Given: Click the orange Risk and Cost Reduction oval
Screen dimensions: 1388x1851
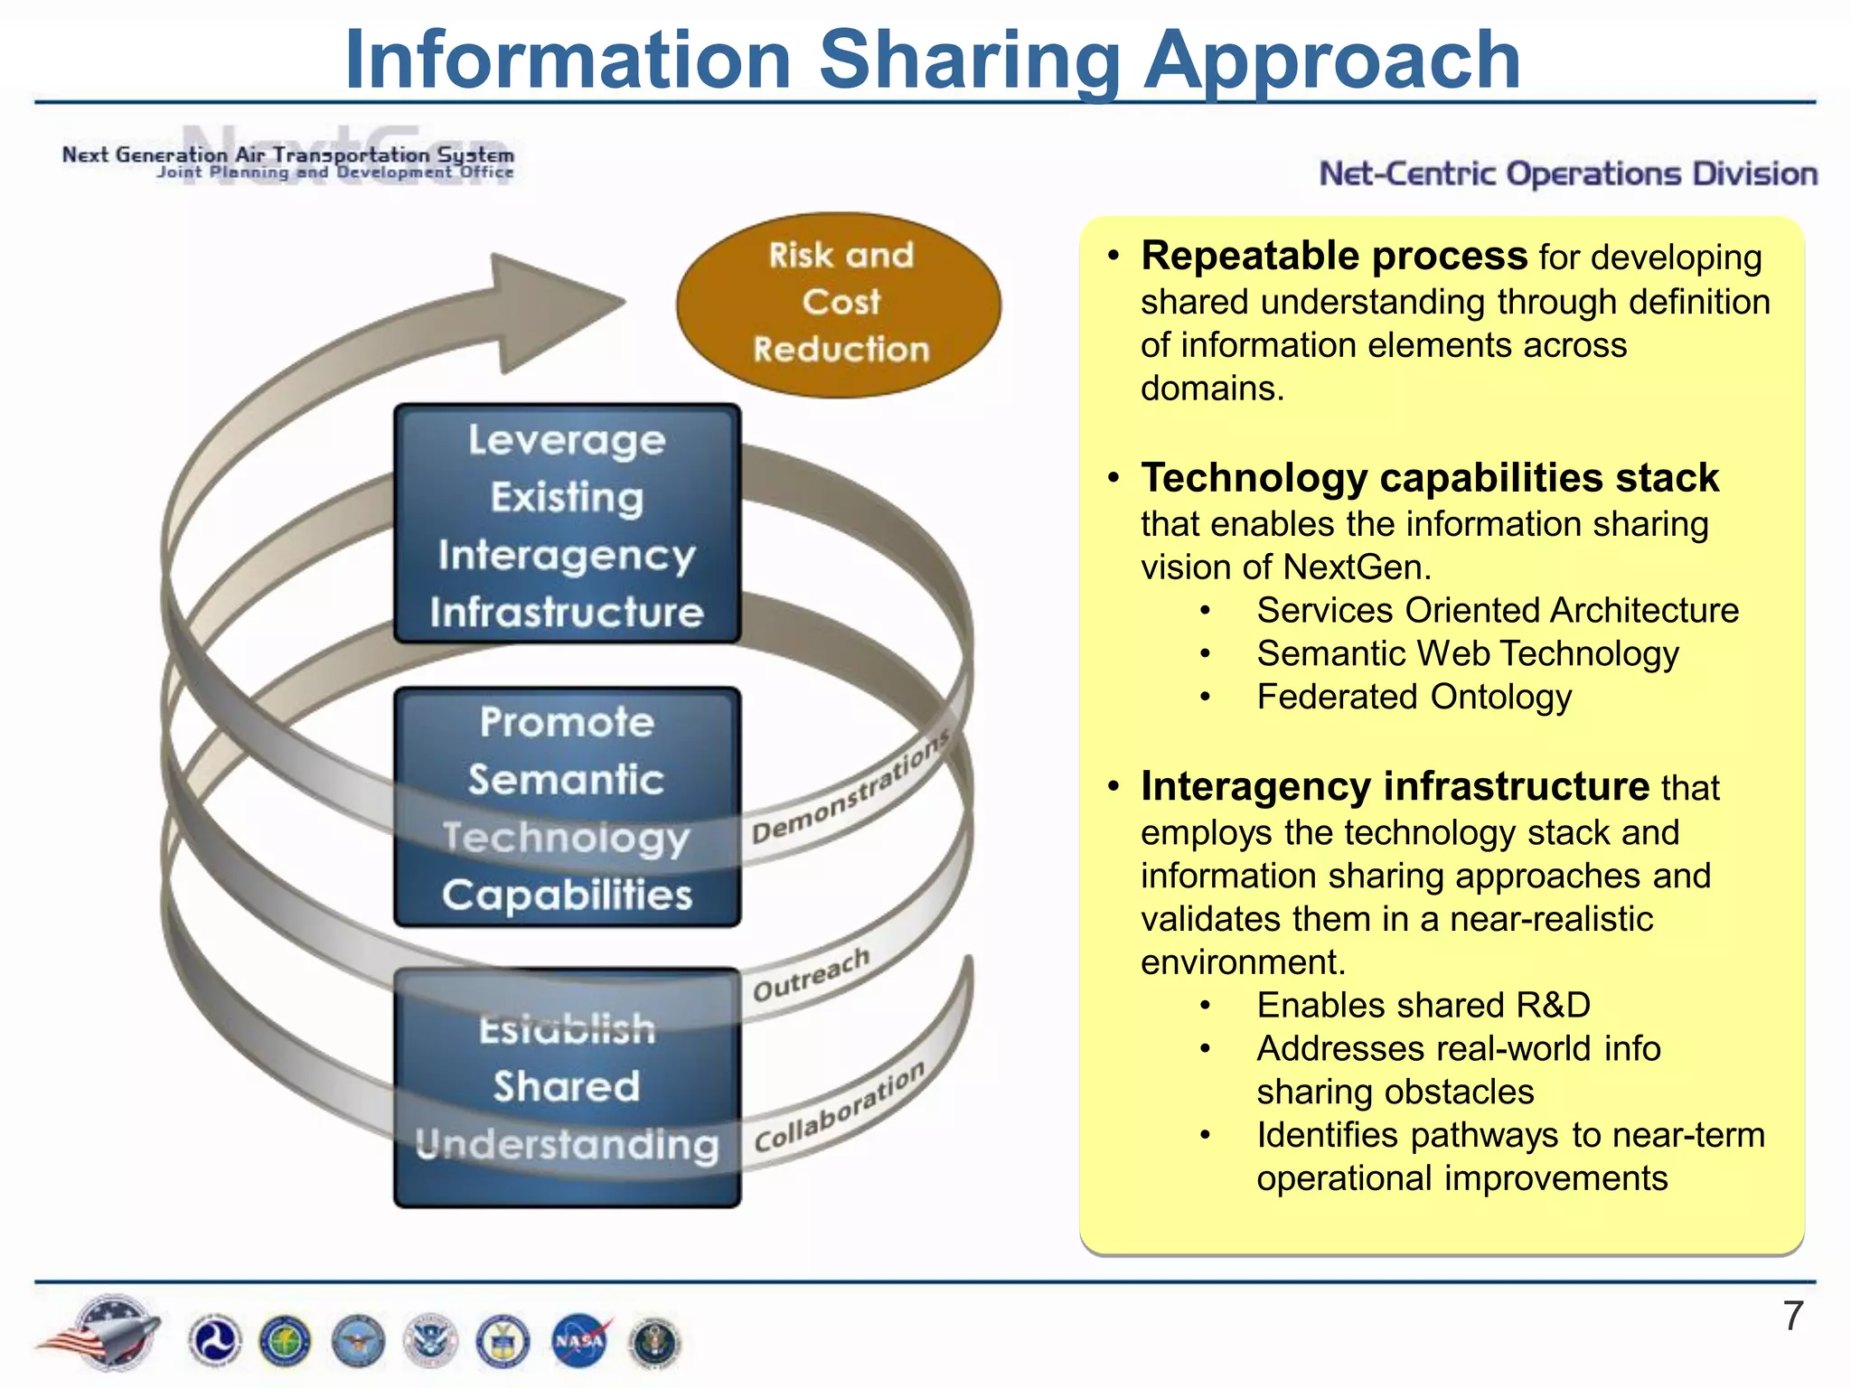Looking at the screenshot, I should pyautogui.click(x=839, y=304).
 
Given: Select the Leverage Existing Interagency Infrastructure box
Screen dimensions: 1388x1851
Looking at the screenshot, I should pyautogui.click(x=567, y=525).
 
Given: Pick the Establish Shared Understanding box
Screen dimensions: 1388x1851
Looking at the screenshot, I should pyautogui.click(x=567, y=1087).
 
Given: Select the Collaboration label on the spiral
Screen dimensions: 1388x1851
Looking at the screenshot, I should pyautogui.click(x=840, y=1108).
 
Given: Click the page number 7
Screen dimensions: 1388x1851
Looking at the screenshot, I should pyautogui.click(x=1793, y=1317).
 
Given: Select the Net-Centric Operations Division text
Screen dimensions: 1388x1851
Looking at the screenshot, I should pyautogui.click(x=1567, y=173).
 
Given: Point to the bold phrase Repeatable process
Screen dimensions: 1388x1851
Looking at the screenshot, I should pyautogui.click(x=1334, y=257).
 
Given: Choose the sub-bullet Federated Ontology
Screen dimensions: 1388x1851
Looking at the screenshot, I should pyautogui.click(x=1414, y=697).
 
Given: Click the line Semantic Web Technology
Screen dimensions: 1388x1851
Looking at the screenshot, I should pyautogui.click(x=1467, y=653).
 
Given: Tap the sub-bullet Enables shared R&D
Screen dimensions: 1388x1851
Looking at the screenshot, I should pyautogui.click(x=1423, y=1005).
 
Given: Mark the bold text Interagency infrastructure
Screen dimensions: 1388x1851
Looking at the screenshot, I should pyautogui.click(x=1395, y=786).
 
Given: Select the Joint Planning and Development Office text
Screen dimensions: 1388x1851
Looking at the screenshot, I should pyautogui.click(x=334, y=173).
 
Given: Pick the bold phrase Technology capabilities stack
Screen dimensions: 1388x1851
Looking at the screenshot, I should pyautogui.click(x=1429, y=478).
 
